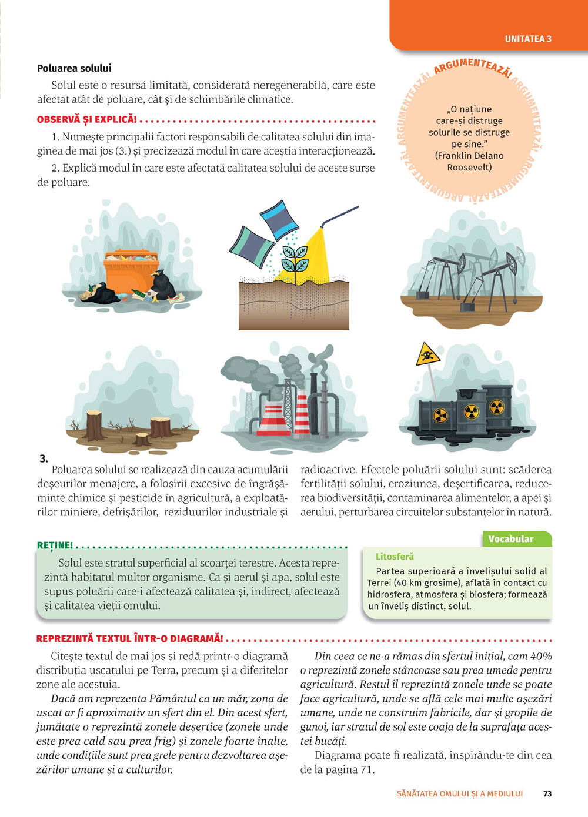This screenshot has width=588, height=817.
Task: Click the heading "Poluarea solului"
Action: point(74,68)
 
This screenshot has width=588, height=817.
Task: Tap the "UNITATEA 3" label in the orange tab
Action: point(528,39)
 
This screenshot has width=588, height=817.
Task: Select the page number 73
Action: point(547,793)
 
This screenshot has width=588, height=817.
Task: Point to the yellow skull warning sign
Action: point(428,355)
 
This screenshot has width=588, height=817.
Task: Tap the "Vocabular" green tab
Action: point(511,539)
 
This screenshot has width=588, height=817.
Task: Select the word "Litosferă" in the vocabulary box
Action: point(395,556)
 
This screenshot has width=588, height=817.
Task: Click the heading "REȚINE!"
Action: point(55,545)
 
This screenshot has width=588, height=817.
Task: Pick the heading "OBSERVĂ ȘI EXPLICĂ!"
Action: point(86,120)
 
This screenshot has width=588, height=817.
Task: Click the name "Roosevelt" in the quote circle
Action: point(469,168)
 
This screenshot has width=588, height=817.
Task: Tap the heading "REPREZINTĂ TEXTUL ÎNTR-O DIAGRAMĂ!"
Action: point(129,639)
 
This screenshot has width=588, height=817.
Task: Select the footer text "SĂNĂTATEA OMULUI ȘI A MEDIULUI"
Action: point(460,793)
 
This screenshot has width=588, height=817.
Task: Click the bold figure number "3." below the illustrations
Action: point(44,458)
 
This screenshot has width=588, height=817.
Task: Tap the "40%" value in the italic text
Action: point(540,656)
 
